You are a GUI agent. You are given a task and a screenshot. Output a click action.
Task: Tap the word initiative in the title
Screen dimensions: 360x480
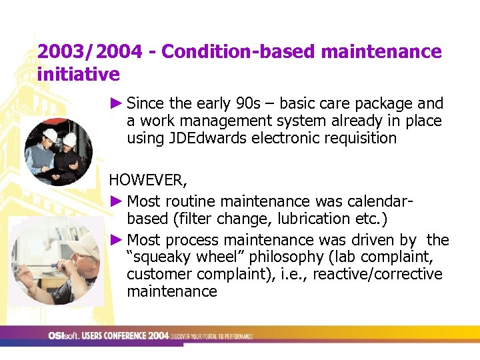(79, 73)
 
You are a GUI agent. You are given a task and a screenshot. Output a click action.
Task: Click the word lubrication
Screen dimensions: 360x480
(310, 219)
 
